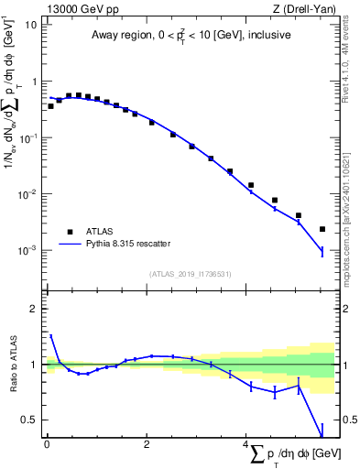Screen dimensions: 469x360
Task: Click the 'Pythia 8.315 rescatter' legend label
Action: [x=132, y=244]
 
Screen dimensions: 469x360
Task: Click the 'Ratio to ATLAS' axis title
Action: [x=14, y=365]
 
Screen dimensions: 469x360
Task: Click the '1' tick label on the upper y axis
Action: [x=34, y=82]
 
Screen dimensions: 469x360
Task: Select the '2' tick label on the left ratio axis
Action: [x=34, y=309]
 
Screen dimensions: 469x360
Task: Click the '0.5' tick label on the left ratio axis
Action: [x=30, y=420]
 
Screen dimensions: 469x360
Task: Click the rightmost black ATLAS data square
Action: [x=322, y=229]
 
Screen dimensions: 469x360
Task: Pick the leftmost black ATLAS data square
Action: [x=50, y=106]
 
